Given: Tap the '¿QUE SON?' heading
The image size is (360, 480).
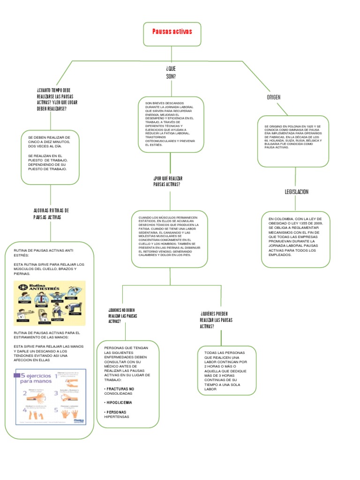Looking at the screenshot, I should click(x=171, y=72).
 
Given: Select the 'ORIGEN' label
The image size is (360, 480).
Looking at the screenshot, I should click(x=273, y=97).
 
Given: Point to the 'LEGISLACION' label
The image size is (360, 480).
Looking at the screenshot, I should click(x=296, y=192).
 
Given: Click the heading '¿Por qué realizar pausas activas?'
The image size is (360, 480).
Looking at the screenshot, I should click(x=168, y=181).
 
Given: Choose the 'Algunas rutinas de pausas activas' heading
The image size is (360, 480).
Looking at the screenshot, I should click(x=52, y=214).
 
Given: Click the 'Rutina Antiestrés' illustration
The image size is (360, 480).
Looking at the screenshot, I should click(x=50, y=304).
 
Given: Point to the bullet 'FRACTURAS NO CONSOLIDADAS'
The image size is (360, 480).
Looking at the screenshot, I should click(x=119, y=391).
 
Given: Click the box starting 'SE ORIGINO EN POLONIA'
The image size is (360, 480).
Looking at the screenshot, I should click(x=293, y=141).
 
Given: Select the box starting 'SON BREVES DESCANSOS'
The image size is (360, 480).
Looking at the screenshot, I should click(x=171, y=124).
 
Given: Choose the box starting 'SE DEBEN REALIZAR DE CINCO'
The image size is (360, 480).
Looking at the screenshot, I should click(x=50, y=157).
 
